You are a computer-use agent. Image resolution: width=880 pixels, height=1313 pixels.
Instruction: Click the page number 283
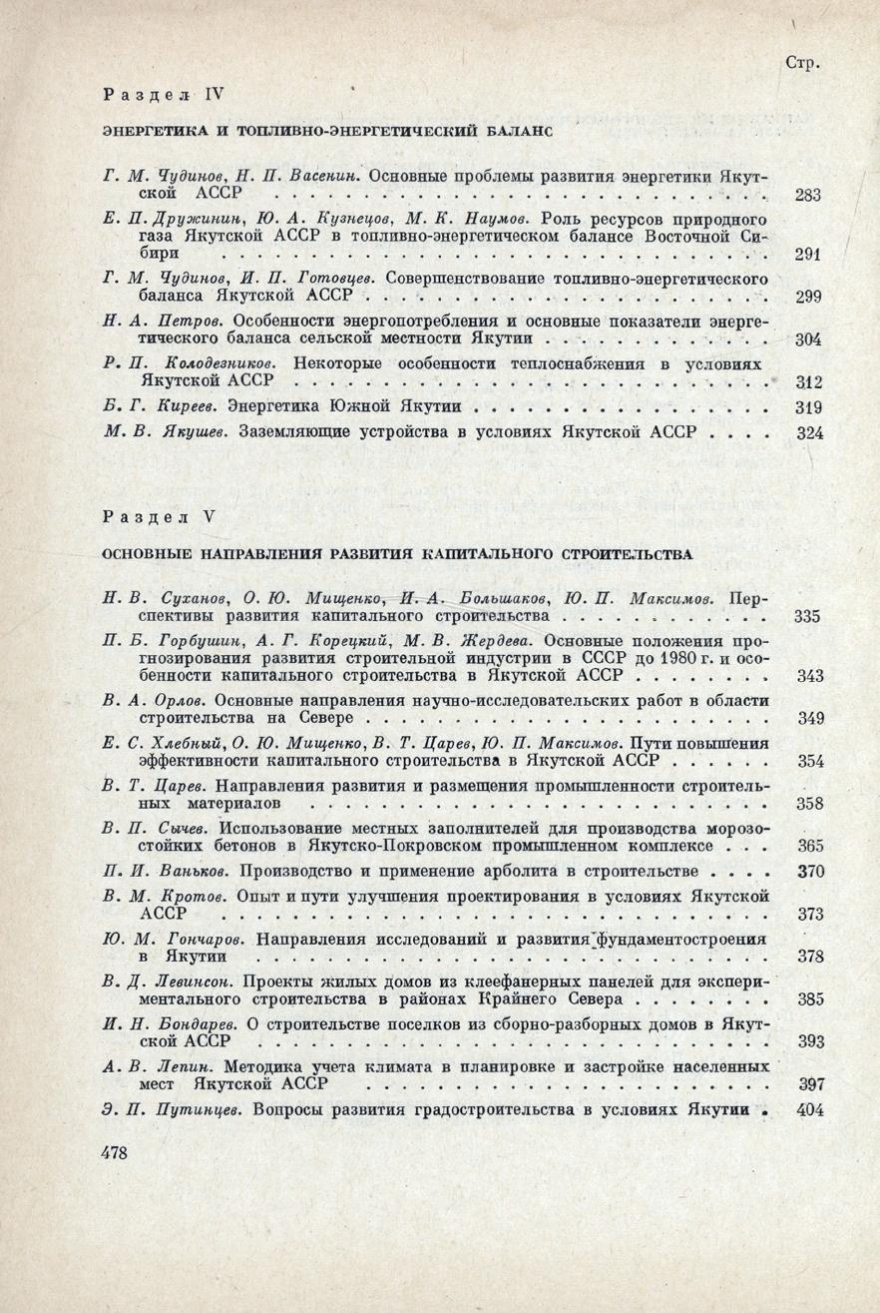pos(808,196)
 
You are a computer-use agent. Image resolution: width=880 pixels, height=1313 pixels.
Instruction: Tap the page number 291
pos(808,255)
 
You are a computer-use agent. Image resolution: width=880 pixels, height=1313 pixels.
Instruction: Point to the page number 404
pos(810,1108)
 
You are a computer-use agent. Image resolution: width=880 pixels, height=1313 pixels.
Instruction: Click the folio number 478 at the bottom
pos(117,1152)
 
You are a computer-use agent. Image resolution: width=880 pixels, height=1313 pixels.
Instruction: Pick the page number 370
pos(810,871)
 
